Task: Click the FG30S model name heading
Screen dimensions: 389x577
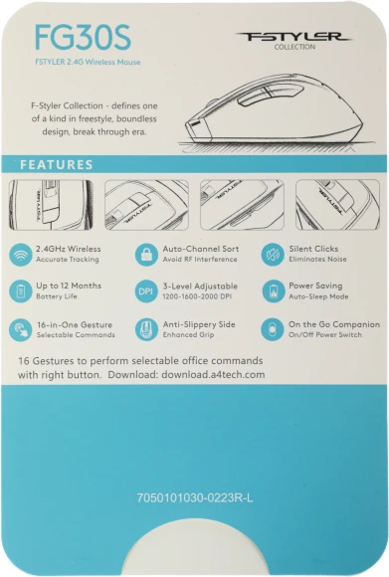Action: pyautogui.click(x=83, y=38)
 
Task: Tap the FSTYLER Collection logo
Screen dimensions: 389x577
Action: pyautogui.click(x=294, y=40)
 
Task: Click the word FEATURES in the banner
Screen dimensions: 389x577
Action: pyautogui.click(x=57, y=164)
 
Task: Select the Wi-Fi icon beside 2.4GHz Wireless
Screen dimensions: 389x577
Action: pyautogui.click(x=21, y=255)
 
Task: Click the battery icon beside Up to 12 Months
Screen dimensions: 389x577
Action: pyautogui.click(x=21, y=291)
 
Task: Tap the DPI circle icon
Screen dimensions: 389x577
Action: pyautogui.click(x=146, y=291)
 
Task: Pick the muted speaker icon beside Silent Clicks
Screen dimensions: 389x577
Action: pyautogui.click(x=273, y=255)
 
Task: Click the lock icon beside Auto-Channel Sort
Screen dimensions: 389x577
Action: pyautogui.click(x=146, y=255)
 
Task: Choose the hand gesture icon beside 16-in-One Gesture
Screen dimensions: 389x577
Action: pyautogui.click(x=21, y=329)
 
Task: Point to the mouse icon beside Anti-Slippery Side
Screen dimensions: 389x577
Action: pyautogui.click(x=146, y=329)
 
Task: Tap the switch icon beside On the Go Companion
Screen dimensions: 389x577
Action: pyautogui.click(x=272, y=329)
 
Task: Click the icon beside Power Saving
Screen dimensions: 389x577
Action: pyautogui.click(x=273, y=291)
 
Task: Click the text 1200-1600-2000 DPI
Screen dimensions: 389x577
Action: pyautogui.click(x=197, y=296)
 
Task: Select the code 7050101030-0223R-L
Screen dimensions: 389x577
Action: pyautogui.click(x=195, y=497)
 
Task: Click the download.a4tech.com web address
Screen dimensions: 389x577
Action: pyautogui.click(x=213, y=375)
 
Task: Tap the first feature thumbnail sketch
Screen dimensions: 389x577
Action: pyautogui.click(x=51, y=205)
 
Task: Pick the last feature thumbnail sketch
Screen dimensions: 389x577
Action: pyautogui.click(x=337, y=205)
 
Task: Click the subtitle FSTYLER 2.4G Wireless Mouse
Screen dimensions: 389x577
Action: pyautogui.click(x=88, y=62)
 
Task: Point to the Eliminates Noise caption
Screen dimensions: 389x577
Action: pyautogui.click(x=317, y=259)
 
